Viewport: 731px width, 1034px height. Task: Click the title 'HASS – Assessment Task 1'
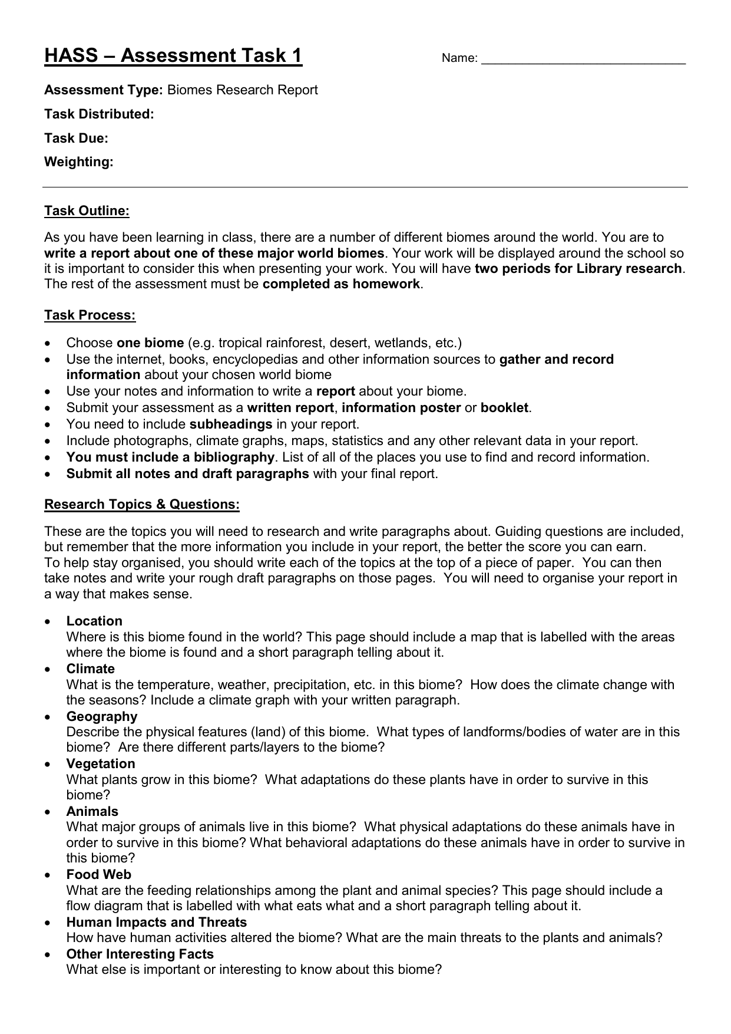pyautogui.click(x=173, y=56)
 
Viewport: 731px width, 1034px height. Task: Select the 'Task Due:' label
pyautogui.click(x=76, y=139)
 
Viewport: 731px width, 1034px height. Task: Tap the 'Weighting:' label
pyautogui.click(x=78, y=162)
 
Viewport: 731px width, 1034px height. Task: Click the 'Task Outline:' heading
pyautogui.click(x=87, y=211)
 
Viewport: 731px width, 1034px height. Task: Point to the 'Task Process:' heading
pyautogui.click(x=90, y=315)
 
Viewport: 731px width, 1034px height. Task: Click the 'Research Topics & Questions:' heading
pyautogui.click(x=142, y=505)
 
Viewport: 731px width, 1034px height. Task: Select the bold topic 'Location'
pyautogui.click(x=94, y=621)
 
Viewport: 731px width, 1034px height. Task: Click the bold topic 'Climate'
pyautogui.click(x=90, y=669)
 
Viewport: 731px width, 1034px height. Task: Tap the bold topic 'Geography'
pyautogui.click(x=101, y=717)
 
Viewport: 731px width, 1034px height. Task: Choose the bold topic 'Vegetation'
pyautogui.click(x=100, y=764)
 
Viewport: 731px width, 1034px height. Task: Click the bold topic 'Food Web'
pyautogui.click(x=98, y=875)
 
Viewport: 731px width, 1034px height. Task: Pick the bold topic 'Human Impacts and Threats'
pyautogui.click(x=156, y=923)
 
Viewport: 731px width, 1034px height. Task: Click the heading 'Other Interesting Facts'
pyautogui.click(x=140, y=954)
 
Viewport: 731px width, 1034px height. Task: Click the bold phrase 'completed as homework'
pyautogui.click(x=342, y=284)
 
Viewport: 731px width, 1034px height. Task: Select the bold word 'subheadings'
pyautogui.click(x=230, y=424)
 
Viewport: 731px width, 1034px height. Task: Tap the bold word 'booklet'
pyautogui.click(x=505, y=408)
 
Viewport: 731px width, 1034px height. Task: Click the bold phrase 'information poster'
pyautogui.click(x=401, y=408)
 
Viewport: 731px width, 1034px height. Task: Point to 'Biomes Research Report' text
pyautogui.click(x=242, y=90)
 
